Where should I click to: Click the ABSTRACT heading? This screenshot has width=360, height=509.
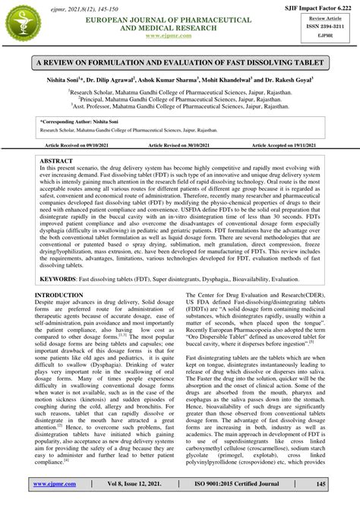56,162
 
